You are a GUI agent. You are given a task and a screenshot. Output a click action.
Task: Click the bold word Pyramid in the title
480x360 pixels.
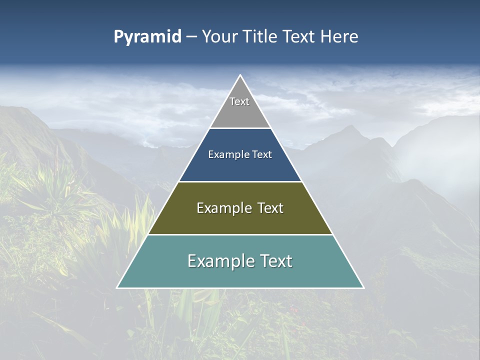(x=147, y=37)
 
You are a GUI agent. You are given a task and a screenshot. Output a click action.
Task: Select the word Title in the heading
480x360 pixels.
(x=262, y=37)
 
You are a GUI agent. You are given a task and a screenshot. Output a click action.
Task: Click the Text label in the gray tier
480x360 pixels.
(x=239, y=101)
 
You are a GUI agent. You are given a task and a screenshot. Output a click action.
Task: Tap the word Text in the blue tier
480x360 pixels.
(x=262, y=155)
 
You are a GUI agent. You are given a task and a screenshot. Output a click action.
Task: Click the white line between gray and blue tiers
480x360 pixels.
(x=240, y=128)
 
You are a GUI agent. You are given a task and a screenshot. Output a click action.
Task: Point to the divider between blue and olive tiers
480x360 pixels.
(x=240, y=181)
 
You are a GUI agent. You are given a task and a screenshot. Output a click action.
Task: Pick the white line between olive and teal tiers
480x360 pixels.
(x=240, y=234)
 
